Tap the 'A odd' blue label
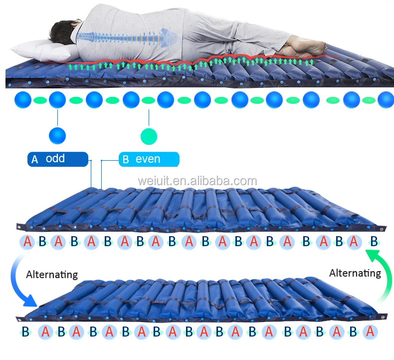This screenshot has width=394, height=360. click(57, 159)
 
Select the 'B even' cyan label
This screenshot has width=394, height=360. click(148, 159)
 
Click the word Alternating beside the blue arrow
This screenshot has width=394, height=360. click(52, 275)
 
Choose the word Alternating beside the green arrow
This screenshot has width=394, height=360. click(355, 273)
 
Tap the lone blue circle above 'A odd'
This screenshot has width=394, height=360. click(57, 135)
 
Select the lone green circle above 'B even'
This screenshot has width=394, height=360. click(149, 135)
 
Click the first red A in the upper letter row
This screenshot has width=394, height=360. click(27, 242)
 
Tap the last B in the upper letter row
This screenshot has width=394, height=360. click(374, 242)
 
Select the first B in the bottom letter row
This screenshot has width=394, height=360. click(25, 332)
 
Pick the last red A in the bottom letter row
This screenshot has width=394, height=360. click(370, 332)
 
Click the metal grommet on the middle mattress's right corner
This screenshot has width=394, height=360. click(382, 229)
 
